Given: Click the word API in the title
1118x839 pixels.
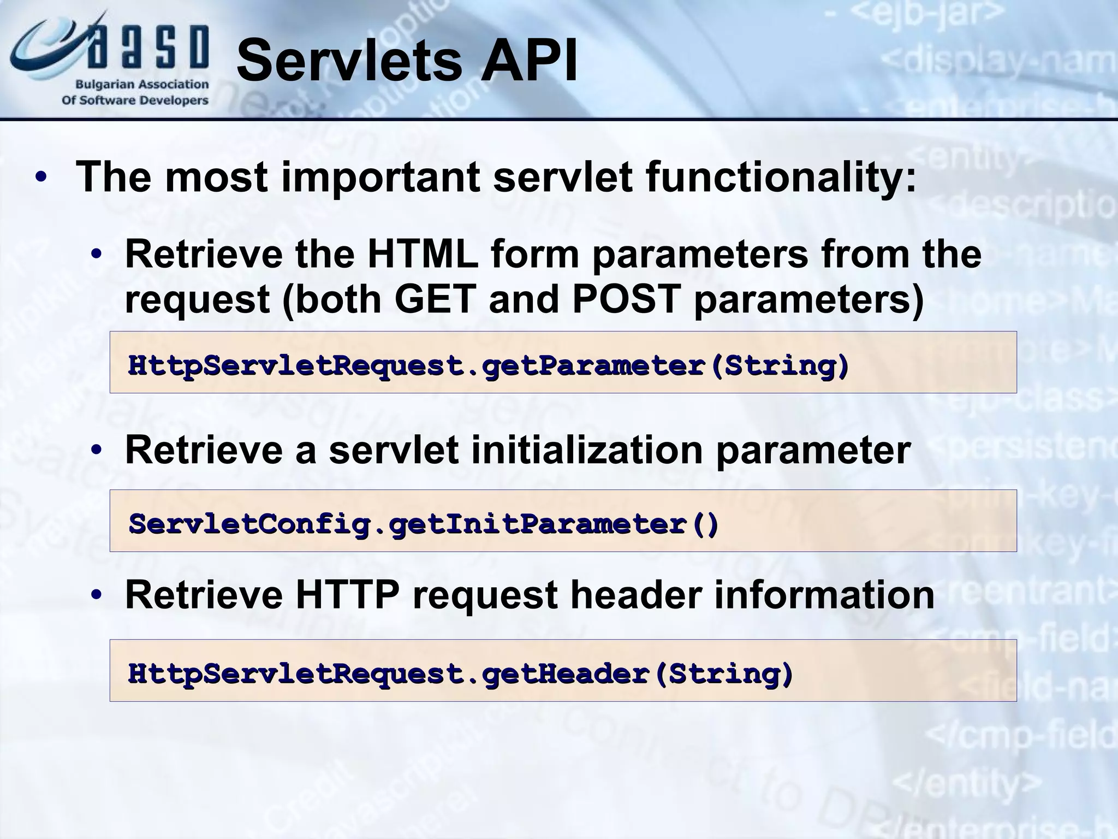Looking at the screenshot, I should (x=528, y=61).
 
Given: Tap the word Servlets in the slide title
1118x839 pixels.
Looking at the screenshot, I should (x=349, y=61).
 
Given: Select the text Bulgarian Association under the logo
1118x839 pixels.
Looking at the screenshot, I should (x=142, y=85).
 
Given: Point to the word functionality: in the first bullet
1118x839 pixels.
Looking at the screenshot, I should (x=781, y=178).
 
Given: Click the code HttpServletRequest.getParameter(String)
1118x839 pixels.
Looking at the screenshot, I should (x=488, y=365).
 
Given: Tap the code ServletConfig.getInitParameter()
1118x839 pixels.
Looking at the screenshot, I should (x=424, y=523).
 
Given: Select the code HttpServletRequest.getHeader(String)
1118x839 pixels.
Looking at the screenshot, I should (x=460, y=673).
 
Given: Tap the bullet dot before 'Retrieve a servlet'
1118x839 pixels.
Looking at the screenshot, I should (x=97, y=451).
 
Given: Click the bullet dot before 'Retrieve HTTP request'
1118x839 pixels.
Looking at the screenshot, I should (x=97, y=595).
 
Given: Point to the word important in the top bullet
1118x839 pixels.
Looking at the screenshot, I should (x=380, y=178).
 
